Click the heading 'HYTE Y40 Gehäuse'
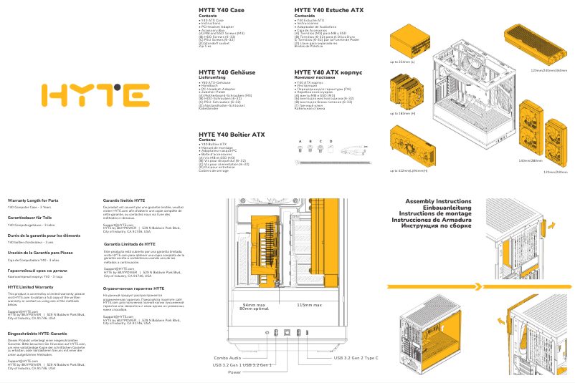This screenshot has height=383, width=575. pos(227,72)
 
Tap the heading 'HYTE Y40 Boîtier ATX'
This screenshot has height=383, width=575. pos(232,135)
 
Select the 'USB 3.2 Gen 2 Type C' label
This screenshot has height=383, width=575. pos(356,357)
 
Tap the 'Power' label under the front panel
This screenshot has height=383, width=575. pos(234,372)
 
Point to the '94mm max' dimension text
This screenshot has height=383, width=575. pos(253,304)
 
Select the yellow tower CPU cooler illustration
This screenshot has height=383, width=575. pos(406,92)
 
